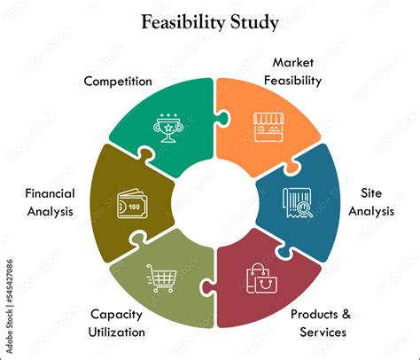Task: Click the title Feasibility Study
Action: click(210, 23)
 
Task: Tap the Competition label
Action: click(118, 82)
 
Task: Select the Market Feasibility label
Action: click(292, 71)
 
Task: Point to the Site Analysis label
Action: click(371, 202)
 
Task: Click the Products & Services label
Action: click(321, 323)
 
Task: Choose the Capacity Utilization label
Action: click(117, 323)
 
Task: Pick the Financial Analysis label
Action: click(50, 202)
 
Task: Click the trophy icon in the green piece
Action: click(168, 128)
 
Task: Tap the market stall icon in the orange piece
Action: click(268, 127)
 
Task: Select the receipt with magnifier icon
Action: click(298, 203)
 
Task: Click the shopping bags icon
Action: click(262, 278)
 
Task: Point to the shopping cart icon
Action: click(161, 278)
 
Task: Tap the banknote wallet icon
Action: click(132, 204)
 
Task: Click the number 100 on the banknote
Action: click(134, 207)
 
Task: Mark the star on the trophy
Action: click(168, 128)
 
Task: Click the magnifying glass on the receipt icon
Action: click(304, 209)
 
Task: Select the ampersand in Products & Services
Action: click(346, 314)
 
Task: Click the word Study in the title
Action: click(254, 23)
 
